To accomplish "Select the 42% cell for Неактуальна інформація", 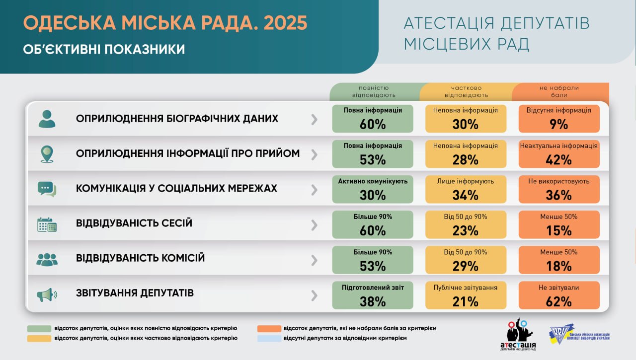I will click(558, 160).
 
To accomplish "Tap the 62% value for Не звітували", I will click(558, 301).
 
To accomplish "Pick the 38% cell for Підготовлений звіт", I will click(373, 301).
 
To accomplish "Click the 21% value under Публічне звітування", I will click(466, 301).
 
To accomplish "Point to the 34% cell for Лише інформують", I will click(466, 195).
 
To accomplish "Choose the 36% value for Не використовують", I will click(558, 195).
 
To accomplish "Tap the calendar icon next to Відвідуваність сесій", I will click(47, 225).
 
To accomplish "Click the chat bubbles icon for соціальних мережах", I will click(47, 189).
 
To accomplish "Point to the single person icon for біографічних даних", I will click(47, 119).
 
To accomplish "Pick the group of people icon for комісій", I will click(47, 259).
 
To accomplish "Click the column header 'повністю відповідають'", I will click(374, 91).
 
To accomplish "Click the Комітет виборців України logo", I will click(579, 336).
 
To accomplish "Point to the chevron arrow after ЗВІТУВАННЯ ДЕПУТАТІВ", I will click(314, 295).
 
